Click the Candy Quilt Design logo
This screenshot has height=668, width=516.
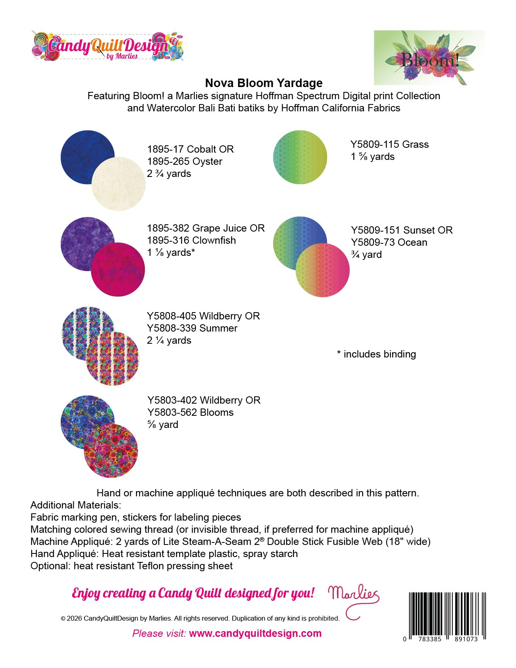pyautogui.click(x=107, y=46)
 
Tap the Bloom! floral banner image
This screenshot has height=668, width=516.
pyautogui.click(x=429, y=57)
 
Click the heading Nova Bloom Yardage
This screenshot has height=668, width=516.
pyautogui.click(x=264, y=83)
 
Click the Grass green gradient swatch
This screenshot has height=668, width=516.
pyautogui.click(x=300, y=157)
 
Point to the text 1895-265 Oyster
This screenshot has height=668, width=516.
pyautogui.click(x=185, y=162)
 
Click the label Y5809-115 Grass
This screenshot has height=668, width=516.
pyautogui.click(x=389, y=145)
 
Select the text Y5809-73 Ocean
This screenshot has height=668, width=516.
pyautogui.click(x=389, y=243)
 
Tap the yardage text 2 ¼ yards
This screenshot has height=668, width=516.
pyautogui.click(x=169, y=340)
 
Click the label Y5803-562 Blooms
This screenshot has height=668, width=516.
pyautogui.click(x=190, y=413)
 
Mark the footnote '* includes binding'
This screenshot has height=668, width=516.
pyautogui.click(x=376, y=354)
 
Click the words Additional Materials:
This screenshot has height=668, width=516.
pyautogui.click(x=76, y=505)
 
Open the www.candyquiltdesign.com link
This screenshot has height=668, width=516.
pyautogui.click(x=255, y=634)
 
